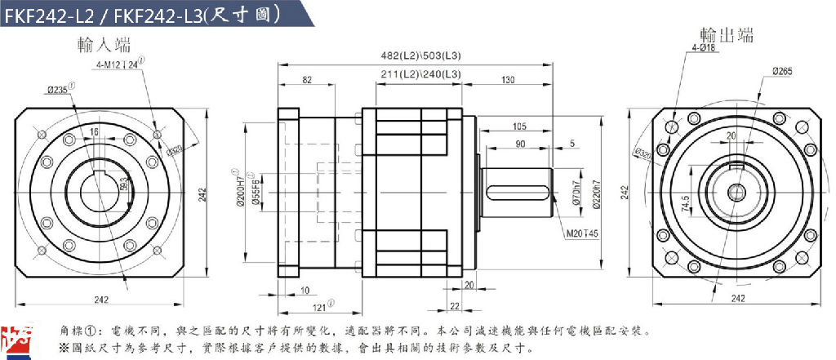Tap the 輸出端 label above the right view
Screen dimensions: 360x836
(x=727, y=35)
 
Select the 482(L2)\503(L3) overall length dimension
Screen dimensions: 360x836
(x=421, y=56)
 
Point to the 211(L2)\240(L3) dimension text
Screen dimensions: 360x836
(x=420, y=74)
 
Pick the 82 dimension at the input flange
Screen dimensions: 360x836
(x=306, y=79)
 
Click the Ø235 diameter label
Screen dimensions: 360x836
(x=60, y=88)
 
